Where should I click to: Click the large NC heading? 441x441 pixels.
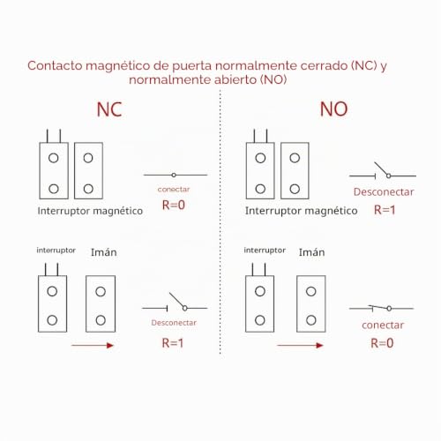pos(109,109)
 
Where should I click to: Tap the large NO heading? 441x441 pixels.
pos(333,109)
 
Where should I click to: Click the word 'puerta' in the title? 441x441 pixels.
pos(192,66)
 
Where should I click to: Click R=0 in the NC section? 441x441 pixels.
pos(174,205)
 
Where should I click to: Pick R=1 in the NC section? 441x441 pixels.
pos(173,343)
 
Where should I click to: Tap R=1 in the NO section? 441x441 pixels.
pos(385,210)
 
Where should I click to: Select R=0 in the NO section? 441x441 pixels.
pos(382,343)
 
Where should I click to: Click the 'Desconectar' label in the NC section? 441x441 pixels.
pos(174,323)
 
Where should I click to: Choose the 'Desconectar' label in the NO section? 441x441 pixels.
pos(384,192)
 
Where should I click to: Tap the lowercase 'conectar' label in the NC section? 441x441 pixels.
pos(174,190)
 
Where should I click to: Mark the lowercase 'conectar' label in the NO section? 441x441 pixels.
pos(383,325)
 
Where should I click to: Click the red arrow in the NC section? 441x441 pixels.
pos(93,346)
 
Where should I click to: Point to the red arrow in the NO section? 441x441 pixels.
pos(300,346)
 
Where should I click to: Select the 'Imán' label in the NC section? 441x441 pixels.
pos(104,252)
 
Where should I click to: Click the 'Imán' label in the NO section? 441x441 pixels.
pos(312,252)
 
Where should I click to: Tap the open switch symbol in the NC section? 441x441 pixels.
pos(175,306)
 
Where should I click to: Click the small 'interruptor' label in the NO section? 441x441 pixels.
pos(265,250)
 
